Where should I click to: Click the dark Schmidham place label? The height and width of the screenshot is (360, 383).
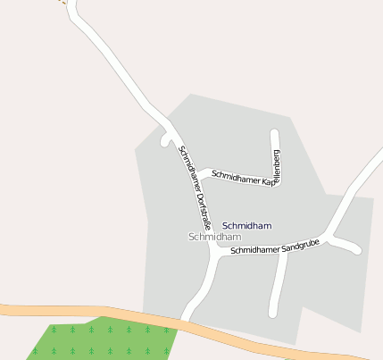coord(246,226)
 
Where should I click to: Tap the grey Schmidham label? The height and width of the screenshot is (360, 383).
coord(215,238)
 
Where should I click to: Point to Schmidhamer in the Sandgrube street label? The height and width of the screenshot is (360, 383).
coord(255,250)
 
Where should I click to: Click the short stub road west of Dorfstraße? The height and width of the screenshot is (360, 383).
coord(164,140)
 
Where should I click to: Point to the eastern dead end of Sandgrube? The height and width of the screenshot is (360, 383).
coord(357,250)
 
